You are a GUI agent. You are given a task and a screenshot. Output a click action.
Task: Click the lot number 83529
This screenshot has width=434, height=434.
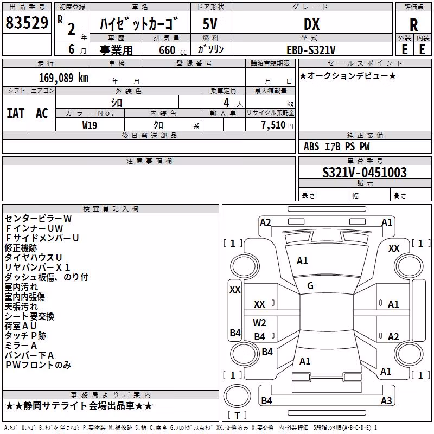coord(27,23)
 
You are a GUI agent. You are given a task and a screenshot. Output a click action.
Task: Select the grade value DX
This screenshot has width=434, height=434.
coord(311,24)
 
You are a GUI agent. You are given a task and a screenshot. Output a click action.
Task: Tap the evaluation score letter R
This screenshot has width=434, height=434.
coord(413,25)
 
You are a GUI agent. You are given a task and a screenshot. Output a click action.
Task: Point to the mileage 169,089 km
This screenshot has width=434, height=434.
coord(63,78)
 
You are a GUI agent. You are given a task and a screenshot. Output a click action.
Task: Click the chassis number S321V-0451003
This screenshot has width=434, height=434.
coord(365,173)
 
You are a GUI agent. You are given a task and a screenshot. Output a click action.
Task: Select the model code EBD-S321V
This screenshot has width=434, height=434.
coord(311,50)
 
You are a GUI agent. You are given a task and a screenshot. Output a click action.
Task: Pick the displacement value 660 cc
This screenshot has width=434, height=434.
coord(173,50)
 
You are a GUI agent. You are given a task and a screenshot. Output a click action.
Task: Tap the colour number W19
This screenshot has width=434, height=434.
coord(90,125)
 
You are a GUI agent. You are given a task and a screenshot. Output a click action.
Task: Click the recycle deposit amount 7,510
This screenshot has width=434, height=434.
coord(273,125)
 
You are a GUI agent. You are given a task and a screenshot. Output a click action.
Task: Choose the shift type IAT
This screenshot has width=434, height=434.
coord(16,113)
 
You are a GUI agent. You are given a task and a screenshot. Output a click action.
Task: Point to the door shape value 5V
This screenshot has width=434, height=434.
coord(210,24)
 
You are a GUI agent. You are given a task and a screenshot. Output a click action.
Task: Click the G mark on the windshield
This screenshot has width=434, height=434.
coord(310,286)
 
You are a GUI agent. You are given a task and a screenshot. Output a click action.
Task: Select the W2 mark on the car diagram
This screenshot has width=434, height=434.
coord(259,322)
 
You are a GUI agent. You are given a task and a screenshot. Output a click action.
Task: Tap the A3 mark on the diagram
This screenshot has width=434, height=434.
coord(386,400)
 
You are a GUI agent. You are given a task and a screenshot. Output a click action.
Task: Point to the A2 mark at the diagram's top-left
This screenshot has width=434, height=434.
coord(265,222)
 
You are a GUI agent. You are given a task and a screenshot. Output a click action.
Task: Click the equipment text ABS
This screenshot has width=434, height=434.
coord(311,146)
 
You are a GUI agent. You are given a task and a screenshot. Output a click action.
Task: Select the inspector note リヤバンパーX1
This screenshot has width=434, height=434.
coord(37,267)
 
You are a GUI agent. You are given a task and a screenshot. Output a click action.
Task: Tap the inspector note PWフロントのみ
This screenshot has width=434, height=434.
coord(38,365)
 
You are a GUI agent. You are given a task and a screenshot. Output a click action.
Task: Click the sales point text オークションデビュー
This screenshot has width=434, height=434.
coord(348,75)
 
